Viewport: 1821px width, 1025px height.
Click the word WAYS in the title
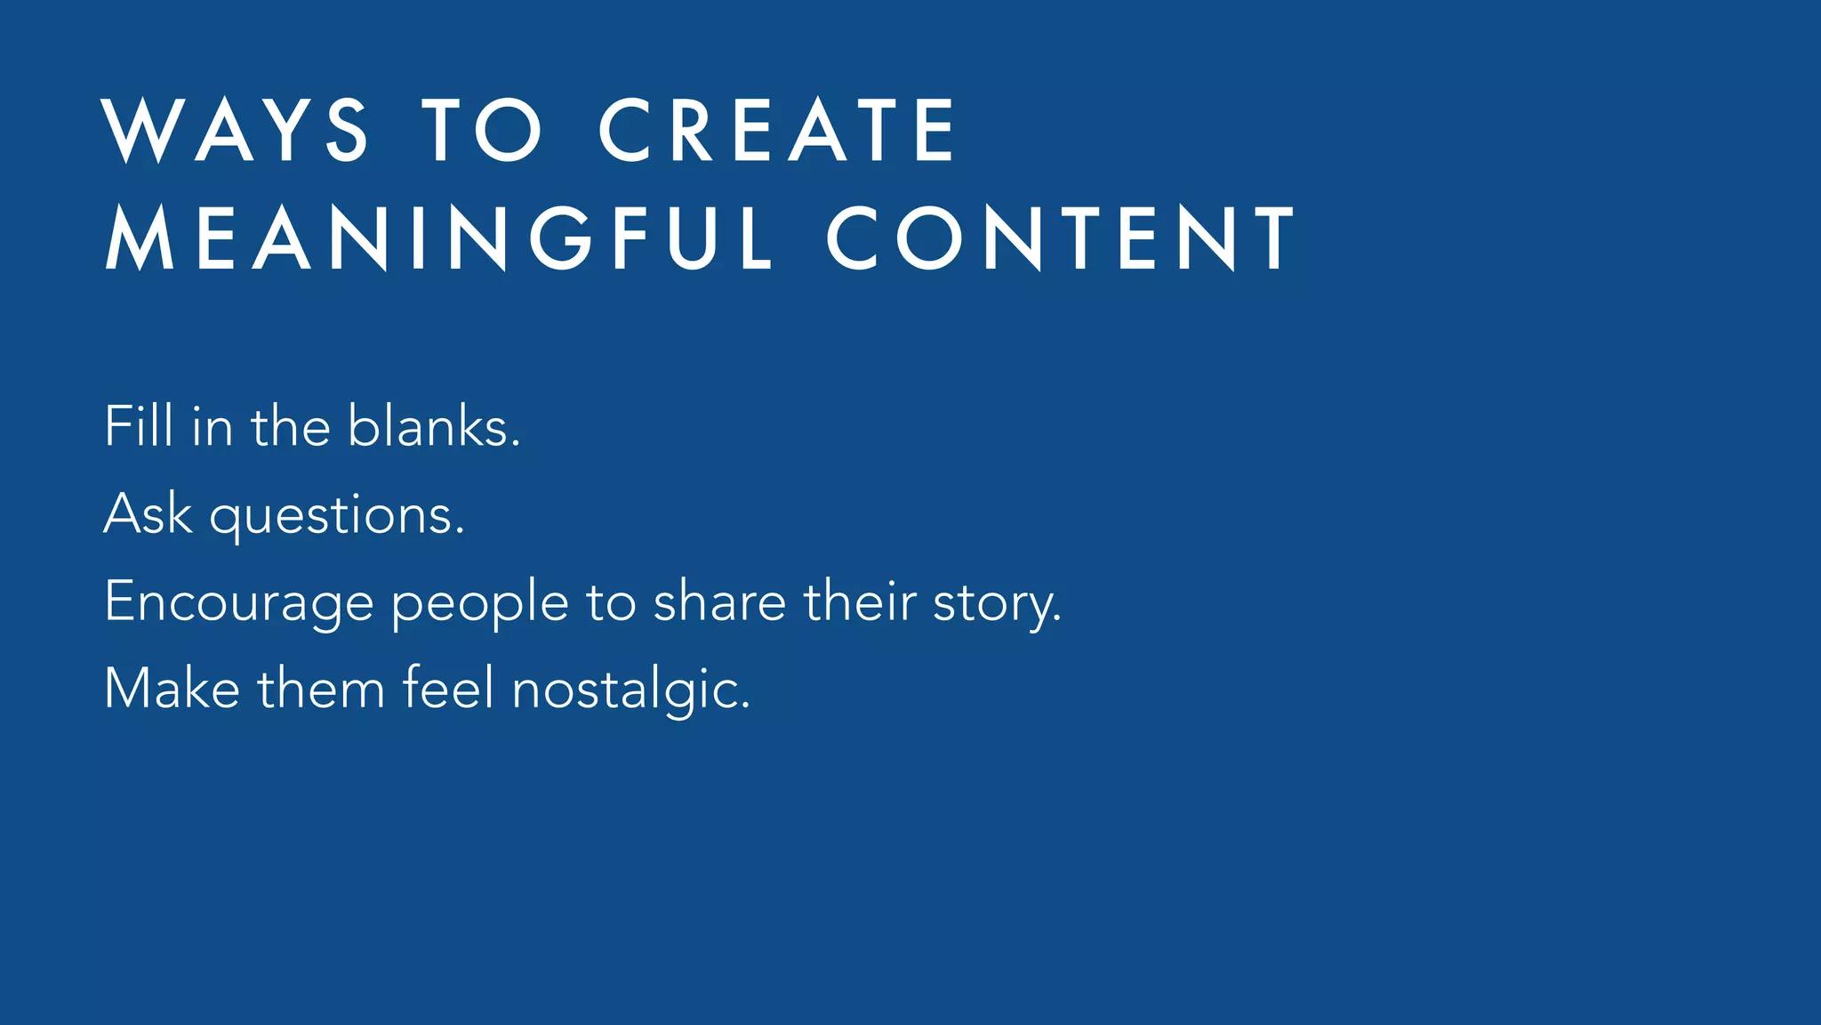tap(237, 130)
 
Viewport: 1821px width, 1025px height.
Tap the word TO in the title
tap(482, 130)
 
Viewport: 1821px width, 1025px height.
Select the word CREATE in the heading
tap(778, 130)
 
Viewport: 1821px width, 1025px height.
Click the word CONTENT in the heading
tap(1061, 237)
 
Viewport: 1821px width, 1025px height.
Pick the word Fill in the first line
tap(139, 426)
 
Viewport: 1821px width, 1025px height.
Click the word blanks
tap(433, 426)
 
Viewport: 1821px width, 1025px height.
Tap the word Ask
tap(148, 513)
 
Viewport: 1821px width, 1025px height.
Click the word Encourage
tap(238, 602)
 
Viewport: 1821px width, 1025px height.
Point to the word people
tap(479, 602)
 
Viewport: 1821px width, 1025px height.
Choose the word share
tap(719, 601)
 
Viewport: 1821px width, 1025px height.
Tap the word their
tap(860, 601)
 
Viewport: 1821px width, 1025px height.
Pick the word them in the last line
tap(321, 688)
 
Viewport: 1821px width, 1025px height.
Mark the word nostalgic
tap(631, 690)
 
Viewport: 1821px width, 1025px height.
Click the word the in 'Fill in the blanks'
tap(291, 426)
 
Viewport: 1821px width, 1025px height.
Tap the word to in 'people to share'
tap(611, 602)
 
